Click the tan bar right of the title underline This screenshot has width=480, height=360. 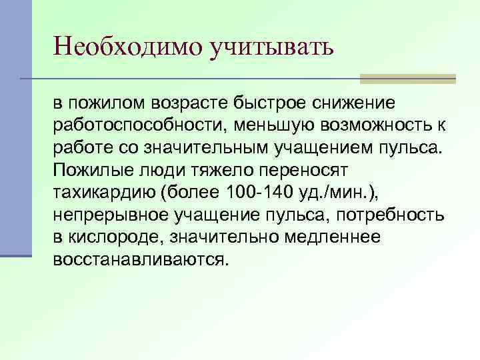[407, 79]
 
